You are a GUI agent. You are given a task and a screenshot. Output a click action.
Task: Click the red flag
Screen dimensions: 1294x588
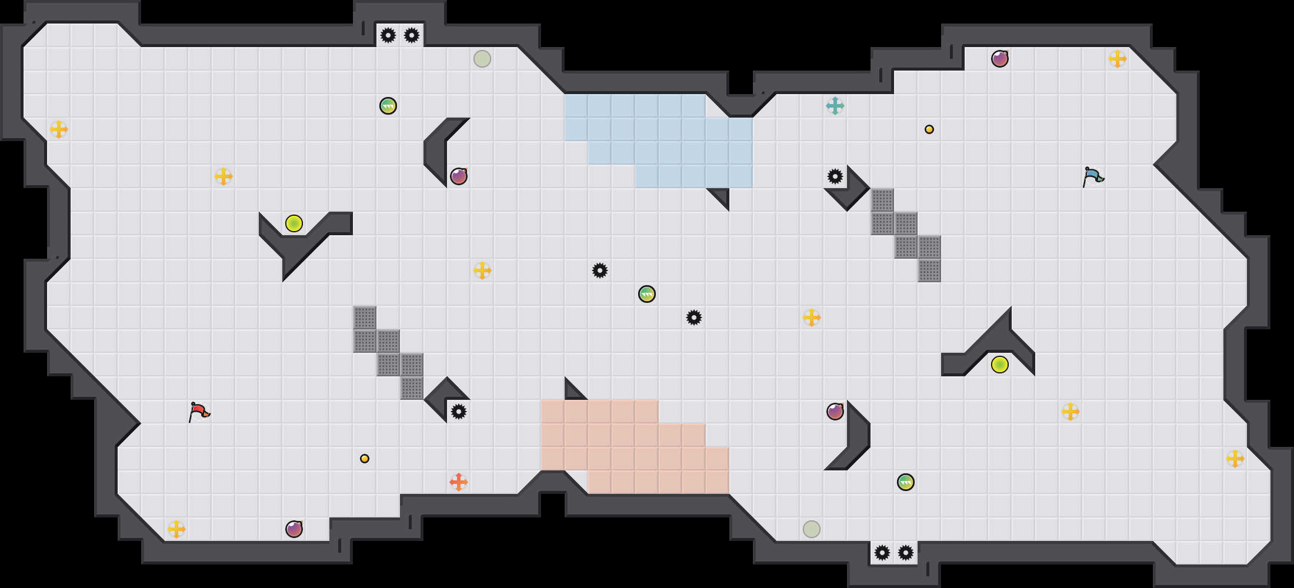(x=199, y=411)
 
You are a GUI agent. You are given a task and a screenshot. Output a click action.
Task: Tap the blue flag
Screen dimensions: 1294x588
(x=1093, y=176)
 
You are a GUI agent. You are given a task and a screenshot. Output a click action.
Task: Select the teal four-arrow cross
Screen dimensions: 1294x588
(x=835, y=106)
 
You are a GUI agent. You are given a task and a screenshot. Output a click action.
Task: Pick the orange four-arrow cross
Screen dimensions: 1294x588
(x=459, y=482)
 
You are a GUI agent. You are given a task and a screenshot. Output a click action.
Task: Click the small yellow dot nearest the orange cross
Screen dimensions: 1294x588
(x=365, y=459)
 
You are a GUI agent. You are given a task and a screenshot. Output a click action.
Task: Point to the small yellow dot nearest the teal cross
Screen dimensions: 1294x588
(x=929, y=129)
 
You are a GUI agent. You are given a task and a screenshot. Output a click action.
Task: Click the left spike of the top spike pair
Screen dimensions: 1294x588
(x=388, y=35)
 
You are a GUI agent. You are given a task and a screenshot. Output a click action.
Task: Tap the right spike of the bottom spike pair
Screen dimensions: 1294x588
(x=906, y=553)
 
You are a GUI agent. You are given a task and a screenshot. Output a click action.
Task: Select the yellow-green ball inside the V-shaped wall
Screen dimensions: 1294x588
(x=294, y=223)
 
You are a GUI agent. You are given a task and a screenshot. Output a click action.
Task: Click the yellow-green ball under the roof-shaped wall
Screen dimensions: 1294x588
(x=1000, y=365)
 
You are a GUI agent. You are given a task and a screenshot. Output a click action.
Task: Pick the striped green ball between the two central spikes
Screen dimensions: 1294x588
(x=647, y=294)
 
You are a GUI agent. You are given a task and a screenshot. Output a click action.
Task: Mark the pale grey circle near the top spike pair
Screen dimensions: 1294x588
(x=482, y=59)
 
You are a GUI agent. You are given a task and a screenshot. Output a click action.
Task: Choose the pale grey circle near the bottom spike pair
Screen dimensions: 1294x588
(x=812, y=529)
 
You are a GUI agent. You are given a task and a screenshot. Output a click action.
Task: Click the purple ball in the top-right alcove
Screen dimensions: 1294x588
(x=1000, y=59)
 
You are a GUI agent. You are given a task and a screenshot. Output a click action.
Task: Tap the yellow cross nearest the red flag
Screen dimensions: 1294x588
(x=176, y=529)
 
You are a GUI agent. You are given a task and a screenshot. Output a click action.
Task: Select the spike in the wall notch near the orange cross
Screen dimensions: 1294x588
(x=459, y=412)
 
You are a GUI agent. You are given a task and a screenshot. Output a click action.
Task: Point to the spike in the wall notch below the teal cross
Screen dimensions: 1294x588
(x=835, y=176)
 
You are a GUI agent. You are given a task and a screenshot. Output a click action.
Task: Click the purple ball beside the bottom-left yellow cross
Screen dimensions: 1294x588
(x=294, y=529)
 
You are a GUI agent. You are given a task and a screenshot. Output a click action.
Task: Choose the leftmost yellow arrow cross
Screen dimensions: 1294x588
(x=59, y=129)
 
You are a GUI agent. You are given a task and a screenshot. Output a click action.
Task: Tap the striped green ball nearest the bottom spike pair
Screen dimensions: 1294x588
(x=906, y=482)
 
